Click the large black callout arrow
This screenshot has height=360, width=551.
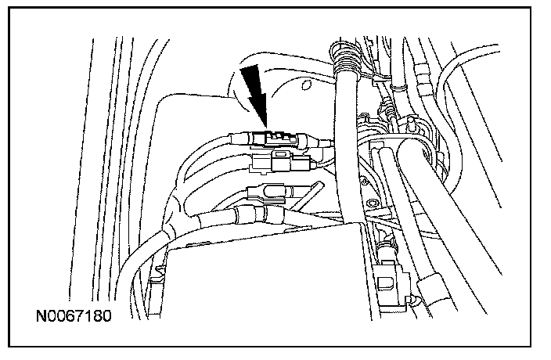coord(254,94)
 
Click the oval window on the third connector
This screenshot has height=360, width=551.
coord(269,190)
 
